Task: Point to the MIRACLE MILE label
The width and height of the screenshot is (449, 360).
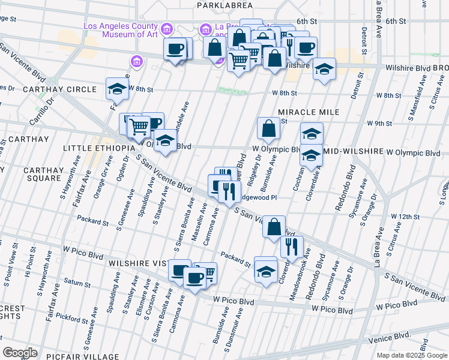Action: pos(309,112)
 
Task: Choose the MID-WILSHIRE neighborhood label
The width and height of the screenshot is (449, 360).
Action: pos(352,152)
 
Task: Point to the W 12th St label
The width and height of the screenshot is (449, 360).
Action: pos(404,216)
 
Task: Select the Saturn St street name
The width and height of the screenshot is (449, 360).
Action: pos(76,281)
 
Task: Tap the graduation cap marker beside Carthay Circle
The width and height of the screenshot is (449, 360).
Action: pos(117,89)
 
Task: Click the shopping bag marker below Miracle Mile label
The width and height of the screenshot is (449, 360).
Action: pos(268,128)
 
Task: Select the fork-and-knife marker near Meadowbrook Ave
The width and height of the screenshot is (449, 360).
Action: pos(292,246)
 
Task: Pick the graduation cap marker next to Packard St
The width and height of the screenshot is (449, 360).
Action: pos(265,270)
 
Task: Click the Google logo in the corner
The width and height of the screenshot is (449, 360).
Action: pos(20,353)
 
